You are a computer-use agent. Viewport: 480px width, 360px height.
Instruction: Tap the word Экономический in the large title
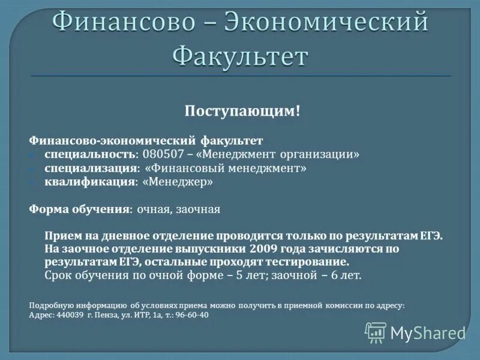click(x=326, y=22)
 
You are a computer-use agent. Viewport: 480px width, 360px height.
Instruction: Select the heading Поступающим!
click(x=242, y=112)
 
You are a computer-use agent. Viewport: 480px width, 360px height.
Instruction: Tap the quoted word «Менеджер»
click(x=178, y=181)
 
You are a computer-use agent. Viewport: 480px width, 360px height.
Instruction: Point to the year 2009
click(x=264, y=248)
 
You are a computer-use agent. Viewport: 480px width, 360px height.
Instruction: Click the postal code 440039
click(x=69, y=315)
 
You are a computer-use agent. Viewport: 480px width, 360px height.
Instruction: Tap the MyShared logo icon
click(x=376, y=332)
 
